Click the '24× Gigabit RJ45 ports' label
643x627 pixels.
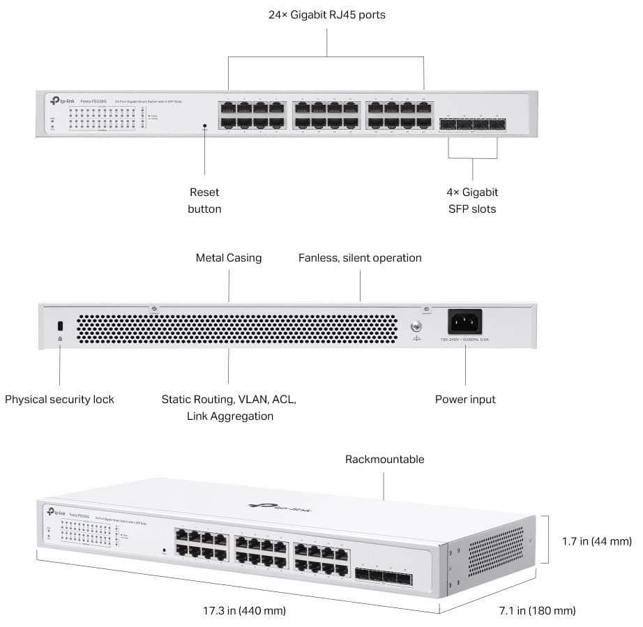326,14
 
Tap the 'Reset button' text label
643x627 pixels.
204,200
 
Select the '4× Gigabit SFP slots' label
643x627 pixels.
473,200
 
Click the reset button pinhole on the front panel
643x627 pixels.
204,127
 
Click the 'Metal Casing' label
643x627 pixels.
229,258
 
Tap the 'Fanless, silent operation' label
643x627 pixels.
360,258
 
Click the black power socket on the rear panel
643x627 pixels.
464,322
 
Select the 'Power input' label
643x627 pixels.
465,400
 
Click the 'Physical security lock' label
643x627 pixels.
59,400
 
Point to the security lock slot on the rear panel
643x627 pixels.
60,325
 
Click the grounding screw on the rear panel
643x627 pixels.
417,326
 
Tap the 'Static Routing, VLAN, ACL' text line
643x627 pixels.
229,400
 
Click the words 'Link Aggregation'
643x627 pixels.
229,416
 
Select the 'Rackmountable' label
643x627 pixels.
384,460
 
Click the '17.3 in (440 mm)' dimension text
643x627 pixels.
239,611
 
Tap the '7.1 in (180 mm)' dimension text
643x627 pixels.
537,611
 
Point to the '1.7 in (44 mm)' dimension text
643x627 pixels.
597,541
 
